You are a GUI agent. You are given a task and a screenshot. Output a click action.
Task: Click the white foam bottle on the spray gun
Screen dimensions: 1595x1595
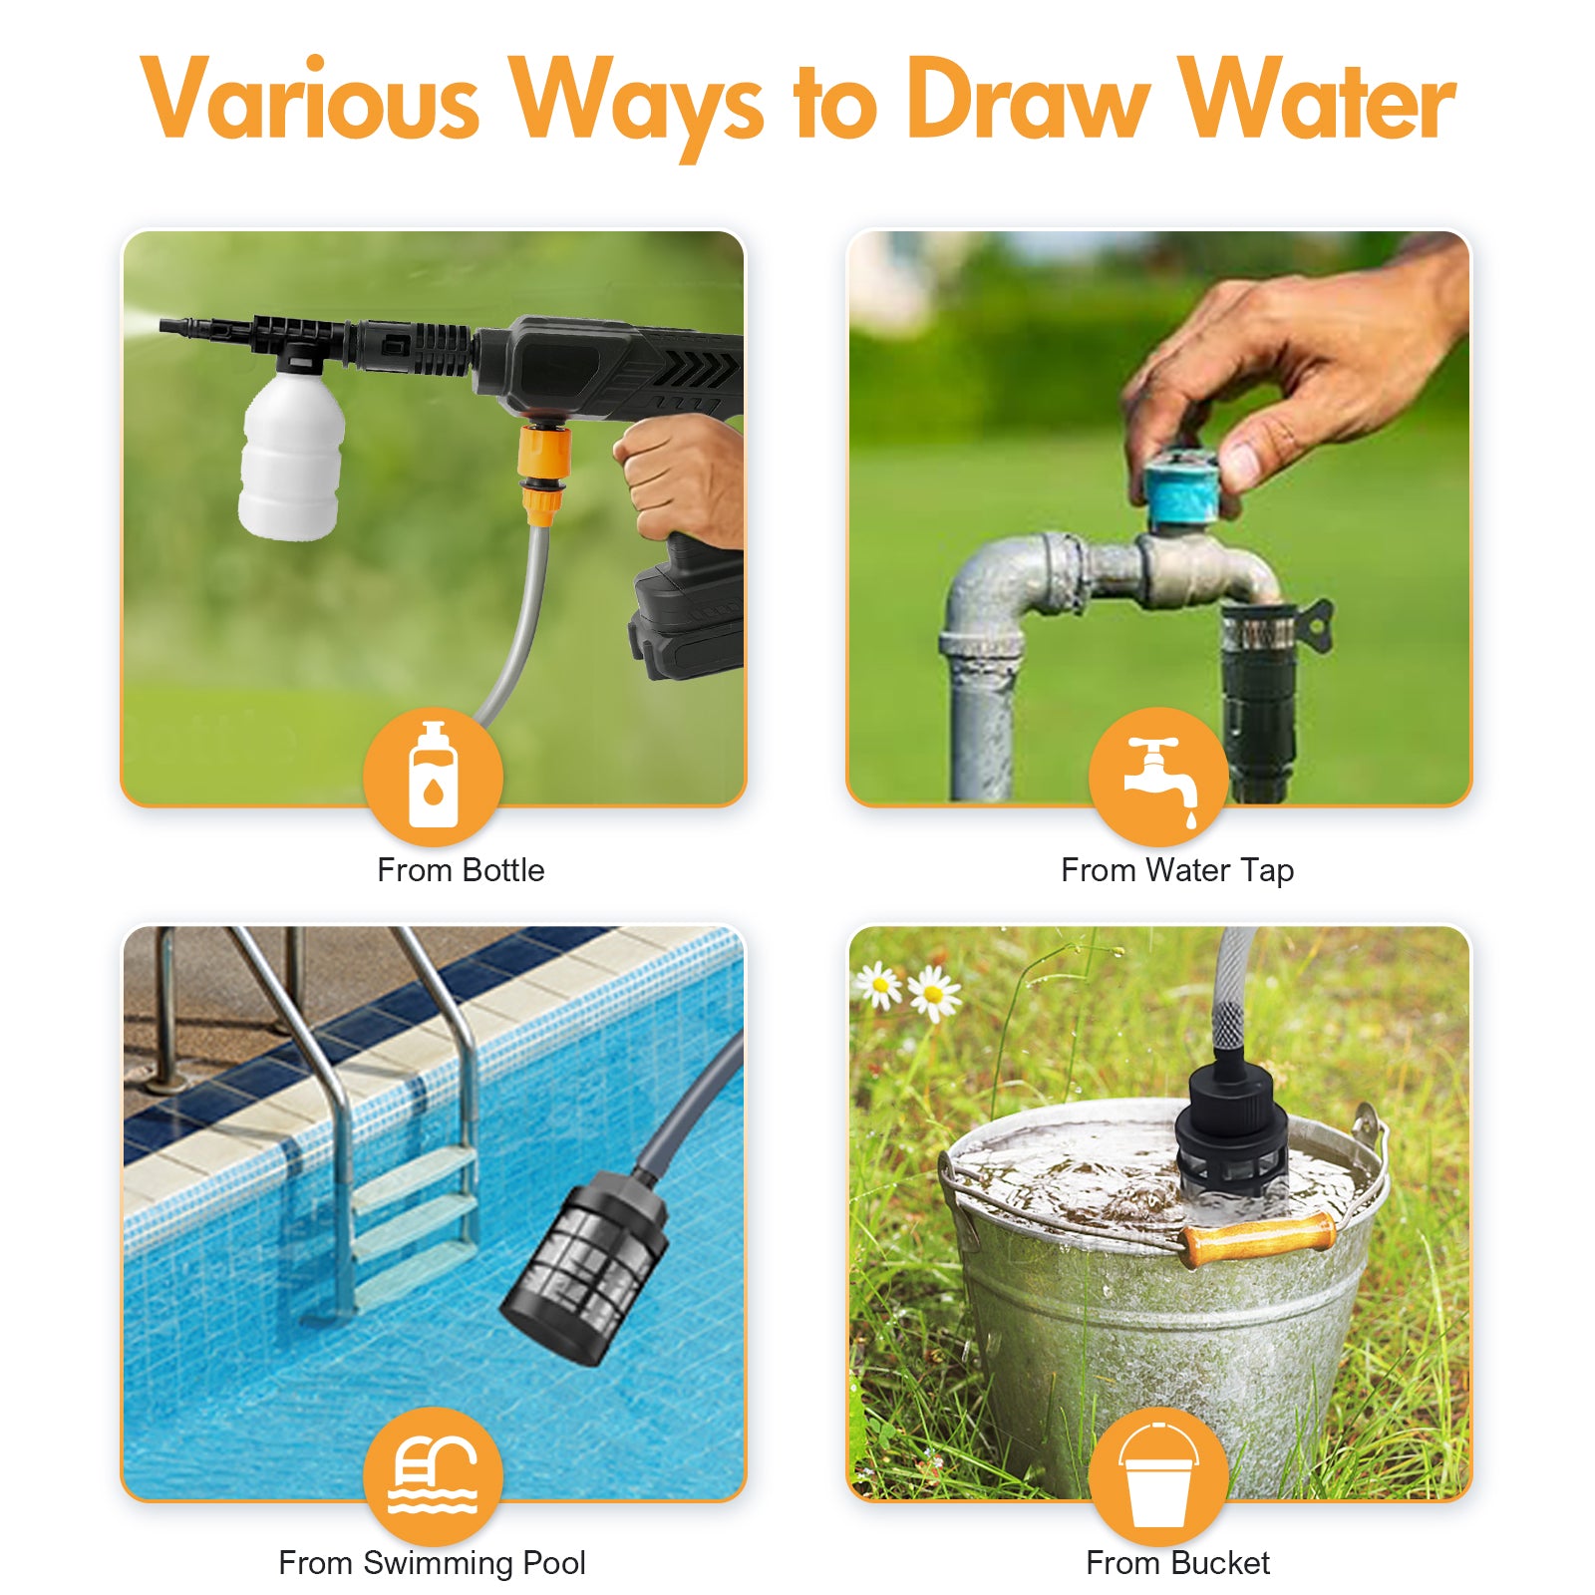(x=291, y=455)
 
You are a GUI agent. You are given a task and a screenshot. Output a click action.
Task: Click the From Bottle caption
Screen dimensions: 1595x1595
(x=461, y=870)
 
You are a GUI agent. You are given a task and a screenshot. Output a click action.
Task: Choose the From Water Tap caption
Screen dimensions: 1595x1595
(x=1177, y=870)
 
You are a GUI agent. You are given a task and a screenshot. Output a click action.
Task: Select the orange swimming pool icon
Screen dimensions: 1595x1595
(x=433, y=1476)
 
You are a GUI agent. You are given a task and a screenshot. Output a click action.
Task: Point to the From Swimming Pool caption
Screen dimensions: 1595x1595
(x=432, y=1563)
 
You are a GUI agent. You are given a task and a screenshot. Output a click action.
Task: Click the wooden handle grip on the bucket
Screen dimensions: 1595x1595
(x=1258, y=1239)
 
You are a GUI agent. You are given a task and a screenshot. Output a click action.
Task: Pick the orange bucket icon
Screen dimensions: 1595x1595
(x=1158, y=1476)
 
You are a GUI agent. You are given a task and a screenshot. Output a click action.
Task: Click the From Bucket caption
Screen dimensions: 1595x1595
(x=1177, y=1563)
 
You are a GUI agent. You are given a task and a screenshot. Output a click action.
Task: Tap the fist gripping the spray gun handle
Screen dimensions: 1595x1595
(x=682, y=478)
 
